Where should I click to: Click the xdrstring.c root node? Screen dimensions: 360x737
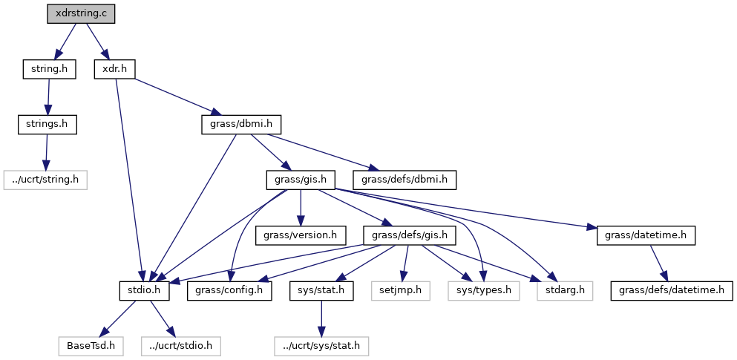point(81,14)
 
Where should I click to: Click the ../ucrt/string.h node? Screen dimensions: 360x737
point(46,179)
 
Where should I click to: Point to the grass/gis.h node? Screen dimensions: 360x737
point(301,179)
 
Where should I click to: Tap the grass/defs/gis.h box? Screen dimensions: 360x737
point(409,235)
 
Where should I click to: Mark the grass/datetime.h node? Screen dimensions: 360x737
point(646,235)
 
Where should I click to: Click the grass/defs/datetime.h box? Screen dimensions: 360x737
point(672,289)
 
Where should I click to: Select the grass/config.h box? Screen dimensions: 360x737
point(230,289)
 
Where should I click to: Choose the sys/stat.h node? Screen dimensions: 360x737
point(321,289)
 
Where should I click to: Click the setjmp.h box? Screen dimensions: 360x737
point(401,289)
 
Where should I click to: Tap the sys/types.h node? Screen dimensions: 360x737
point(482,289)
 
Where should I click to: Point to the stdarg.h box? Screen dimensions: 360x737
point(565,289)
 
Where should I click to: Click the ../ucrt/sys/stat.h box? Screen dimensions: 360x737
point(321,345)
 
